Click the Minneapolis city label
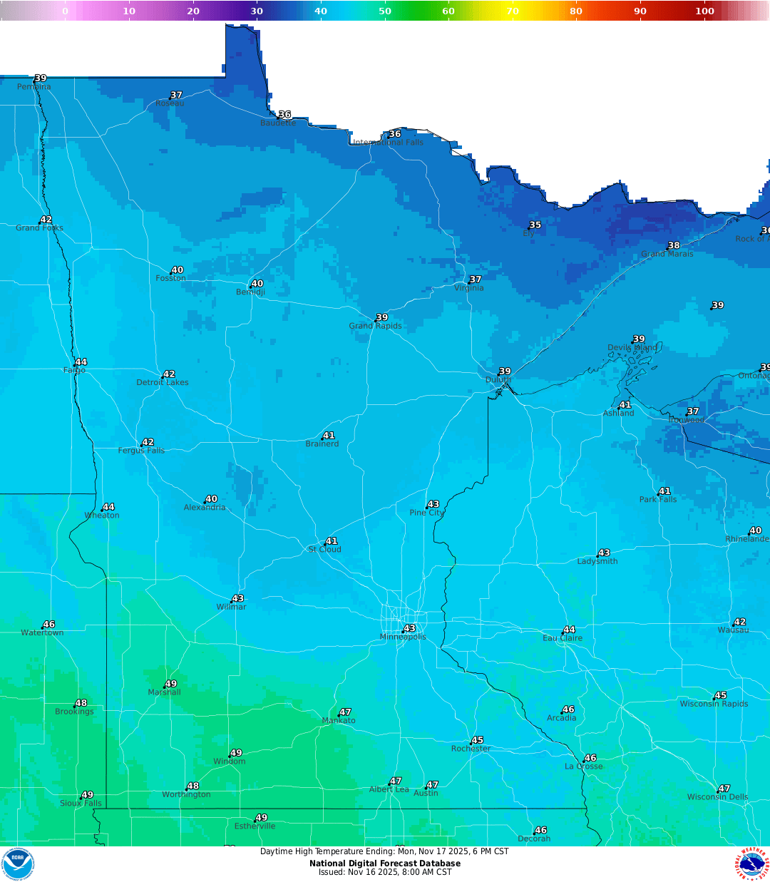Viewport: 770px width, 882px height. tap(403, 637)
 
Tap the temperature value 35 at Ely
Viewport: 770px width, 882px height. tap(535, 225)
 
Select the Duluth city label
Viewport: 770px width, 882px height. tap(498, 380)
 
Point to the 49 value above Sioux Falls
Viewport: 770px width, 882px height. tap(87, 795)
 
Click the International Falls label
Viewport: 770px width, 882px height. tap(389, 143)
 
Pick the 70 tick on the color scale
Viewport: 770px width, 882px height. tap(512, 11)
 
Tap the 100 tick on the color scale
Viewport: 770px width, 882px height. tap(704, 11)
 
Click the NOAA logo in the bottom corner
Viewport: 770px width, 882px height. tap(17, 864)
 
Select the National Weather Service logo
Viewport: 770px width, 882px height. tap(752, 864)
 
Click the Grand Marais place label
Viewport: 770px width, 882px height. tap(667, 254)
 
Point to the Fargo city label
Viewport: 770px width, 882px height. tap(74, 371)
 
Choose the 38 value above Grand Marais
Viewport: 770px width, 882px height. tap(674, 245)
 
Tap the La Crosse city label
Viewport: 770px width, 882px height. tap(583, 766)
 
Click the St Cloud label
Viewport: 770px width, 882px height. tap(325, 550)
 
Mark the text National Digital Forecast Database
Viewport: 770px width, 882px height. tap(384, 863)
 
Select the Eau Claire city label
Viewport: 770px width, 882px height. tap(563, 638)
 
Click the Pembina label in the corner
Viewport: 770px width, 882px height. tap(34, 87)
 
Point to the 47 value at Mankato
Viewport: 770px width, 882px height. tap(345, 712)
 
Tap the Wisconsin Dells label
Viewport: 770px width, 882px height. tap(717, 797)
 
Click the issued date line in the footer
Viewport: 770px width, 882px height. tap(384, 872)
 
